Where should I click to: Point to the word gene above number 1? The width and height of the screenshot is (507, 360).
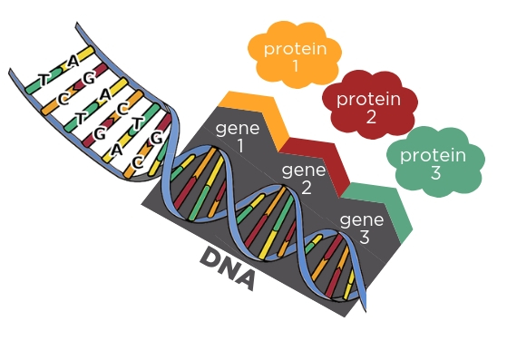[238, 128]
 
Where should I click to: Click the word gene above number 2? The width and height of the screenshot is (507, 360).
[303, 170]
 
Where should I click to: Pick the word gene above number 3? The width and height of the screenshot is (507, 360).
[361, 220]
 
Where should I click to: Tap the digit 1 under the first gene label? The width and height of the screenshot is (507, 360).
[240, 145]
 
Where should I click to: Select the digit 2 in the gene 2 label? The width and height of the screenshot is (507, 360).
[306, 188]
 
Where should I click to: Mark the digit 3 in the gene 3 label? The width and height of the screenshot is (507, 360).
[363, 238]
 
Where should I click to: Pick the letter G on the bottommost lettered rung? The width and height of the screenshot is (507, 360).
[156, 139]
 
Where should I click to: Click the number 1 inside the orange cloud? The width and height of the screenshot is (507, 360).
[294, 65]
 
